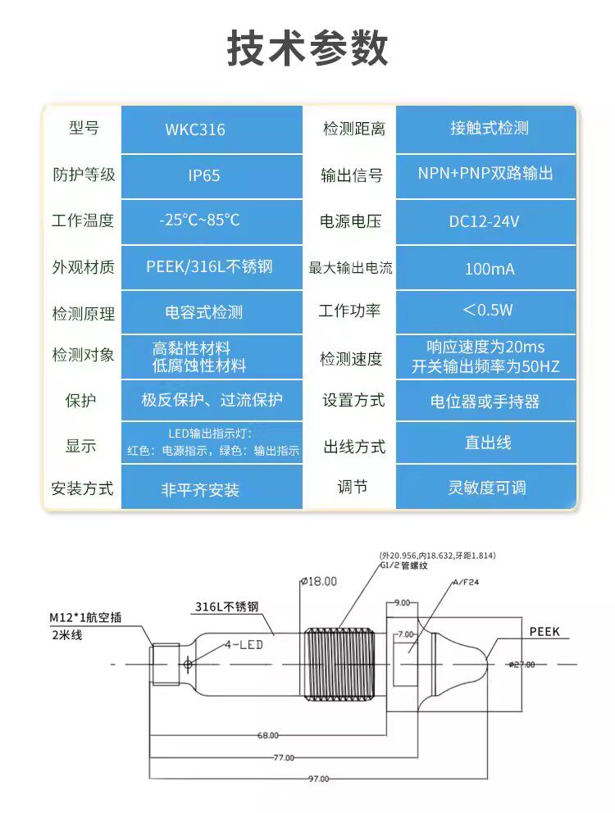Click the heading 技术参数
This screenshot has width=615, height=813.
point(307,49)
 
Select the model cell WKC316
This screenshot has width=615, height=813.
point(194,129)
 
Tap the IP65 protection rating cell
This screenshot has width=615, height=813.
point(203,175)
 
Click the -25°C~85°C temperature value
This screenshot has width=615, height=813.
point(199,220)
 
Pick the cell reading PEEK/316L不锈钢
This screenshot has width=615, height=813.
point(209,266)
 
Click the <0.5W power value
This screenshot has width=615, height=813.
point(487,310)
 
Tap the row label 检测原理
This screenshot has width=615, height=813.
point(84,313)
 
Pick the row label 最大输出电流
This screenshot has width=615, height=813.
point(350,268)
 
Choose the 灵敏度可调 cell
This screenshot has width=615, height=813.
point(486,488)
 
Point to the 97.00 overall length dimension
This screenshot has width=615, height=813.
point(319,778)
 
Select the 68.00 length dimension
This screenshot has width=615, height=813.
point(267,735)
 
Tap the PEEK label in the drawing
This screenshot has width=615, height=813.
point(544,632)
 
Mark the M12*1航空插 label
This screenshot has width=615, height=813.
point(85,617)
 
